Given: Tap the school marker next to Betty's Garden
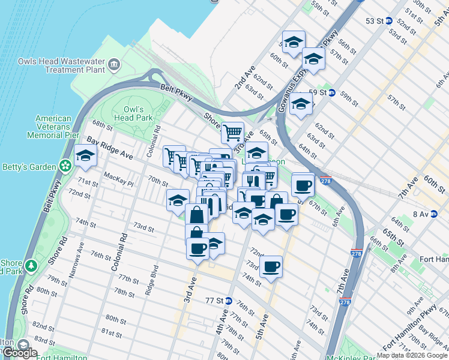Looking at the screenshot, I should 85,157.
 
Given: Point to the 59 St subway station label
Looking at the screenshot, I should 322,93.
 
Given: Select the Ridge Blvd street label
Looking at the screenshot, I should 150,280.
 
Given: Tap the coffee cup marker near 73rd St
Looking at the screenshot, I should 271,265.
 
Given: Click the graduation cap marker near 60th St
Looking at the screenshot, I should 294,43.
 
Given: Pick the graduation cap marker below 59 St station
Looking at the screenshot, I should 301,103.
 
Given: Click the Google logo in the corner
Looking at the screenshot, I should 19,352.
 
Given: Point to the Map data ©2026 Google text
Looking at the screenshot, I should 412,355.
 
